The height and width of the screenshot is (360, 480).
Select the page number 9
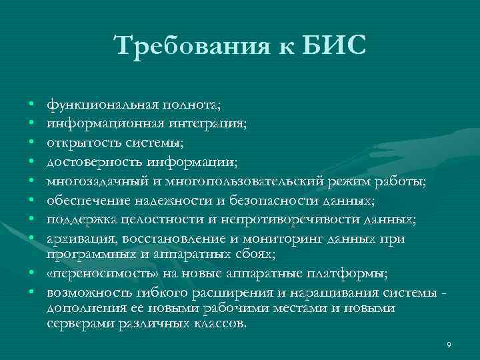[449, 344]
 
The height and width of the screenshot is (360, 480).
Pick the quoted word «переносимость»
[91, 273]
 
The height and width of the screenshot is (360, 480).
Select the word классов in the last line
[221, 324]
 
